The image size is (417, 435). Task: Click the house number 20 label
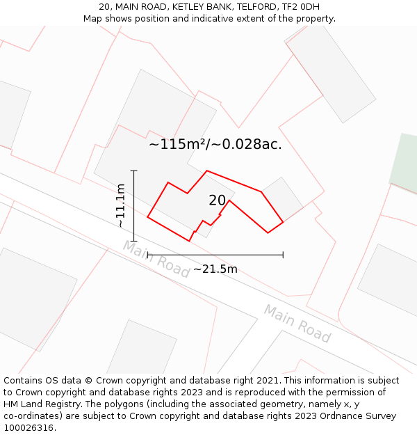tap(218, 200)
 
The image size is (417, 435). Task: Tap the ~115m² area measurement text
tap(178, 145)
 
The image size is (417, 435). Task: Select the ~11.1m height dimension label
tap(121, 205)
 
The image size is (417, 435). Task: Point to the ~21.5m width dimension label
tap(215, 269)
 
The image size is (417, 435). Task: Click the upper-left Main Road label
tap(156, 258)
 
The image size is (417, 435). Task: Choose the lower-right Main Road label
tap(297, 323)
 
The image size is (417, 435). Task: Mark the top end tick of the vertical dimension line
tap(133, 171)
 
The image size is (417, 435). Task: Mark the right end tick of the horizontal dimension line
tap(283, 255)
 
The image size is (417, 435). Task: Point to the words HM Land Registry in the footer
tap(40, 404)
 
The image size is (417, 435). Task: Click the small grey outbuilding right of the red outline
tap(282, 199)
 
